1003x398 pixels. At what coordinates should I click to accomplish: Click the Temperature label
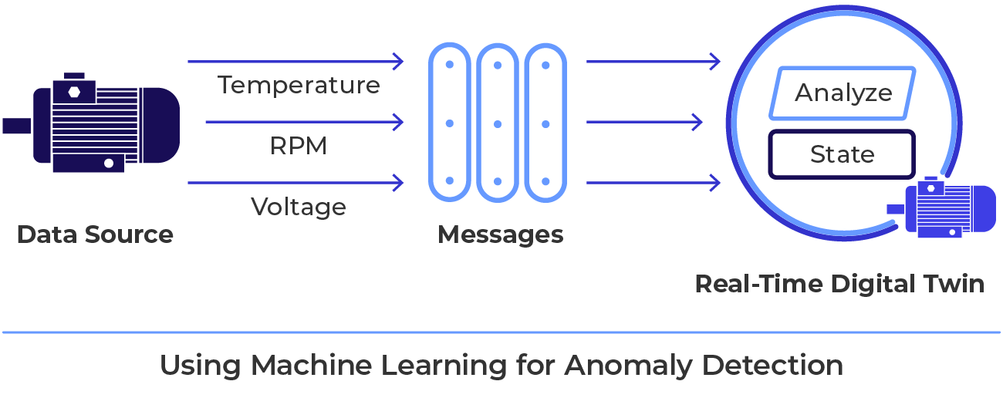299,85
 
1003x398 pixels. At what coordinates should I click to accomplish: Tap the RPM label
299,146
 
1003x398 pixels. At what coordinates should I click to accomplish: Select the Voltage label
299,207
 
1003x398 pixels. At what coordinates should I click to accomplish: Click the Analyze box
843,93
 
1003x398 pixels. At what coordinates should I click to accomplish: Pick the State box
842,154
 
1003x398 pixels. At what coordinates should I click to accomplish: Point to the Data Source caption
95,234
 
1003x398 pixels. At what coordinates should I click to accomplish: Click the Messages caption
500,234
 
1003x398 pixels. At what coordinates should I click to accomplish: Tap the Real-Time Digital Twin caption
839,284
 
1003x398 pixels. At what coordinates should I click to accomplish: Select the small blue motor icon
943,208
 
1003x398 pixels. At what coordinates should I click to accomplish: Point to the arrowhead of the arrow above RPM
399,122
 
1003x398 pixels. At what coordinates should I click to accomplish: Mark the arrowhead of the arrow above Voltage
399,183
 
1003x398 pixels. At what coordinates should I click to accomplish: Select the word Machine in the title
307,365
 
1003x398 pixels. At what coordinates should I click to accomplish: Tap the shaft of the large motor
15,125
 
